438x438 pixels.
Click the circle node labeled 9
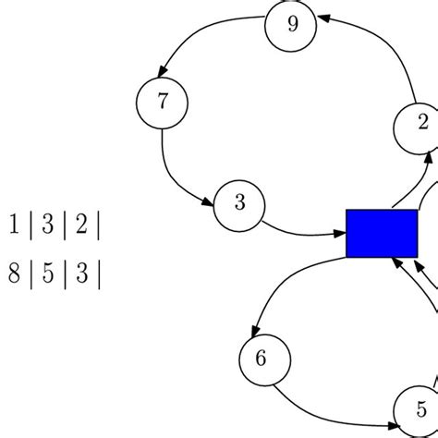pyautogui.click(x=292, y=25)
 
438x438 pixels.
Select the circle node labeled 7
pyautogui.click(x=162, y=102)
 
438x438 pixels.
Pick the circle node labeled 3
pyautogui.click(x=240, y=204)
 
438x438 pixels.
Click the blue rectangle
pyautogui.click(x=382, y=233)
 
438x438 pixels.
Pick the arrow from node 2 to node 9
pyautogui.click(x=388, y=46)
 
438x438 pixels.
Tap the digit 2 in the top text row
pyautogui.click(x=80, y=225)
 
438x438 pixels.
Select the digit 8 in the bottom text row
pyautogui.click(x=14, y=274)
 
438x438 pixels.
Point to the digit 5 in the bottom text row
pyautogui.click(x=47, y=274)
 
